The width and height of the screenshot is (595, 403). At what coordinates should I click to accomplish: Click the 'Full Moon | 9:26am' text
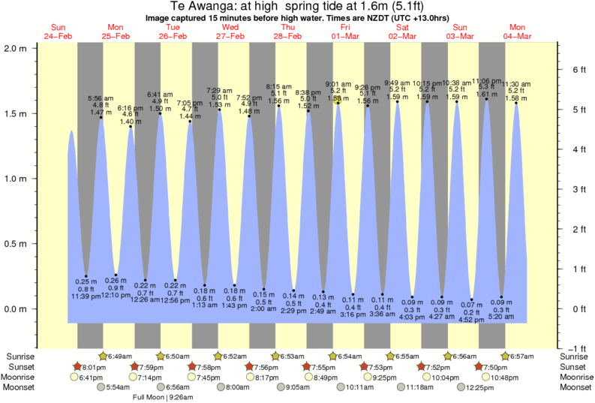[x=164, y=398]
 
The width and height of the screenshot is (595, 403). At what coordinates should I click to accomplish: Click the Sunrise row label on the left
[x=20, y=356]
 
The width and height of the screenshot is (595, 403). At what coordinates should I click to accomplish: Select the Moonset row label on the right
[x=575, y=388]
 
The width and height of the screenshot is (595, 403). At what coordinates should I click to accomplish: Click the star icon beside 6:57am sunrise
[x=506, y=356]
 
